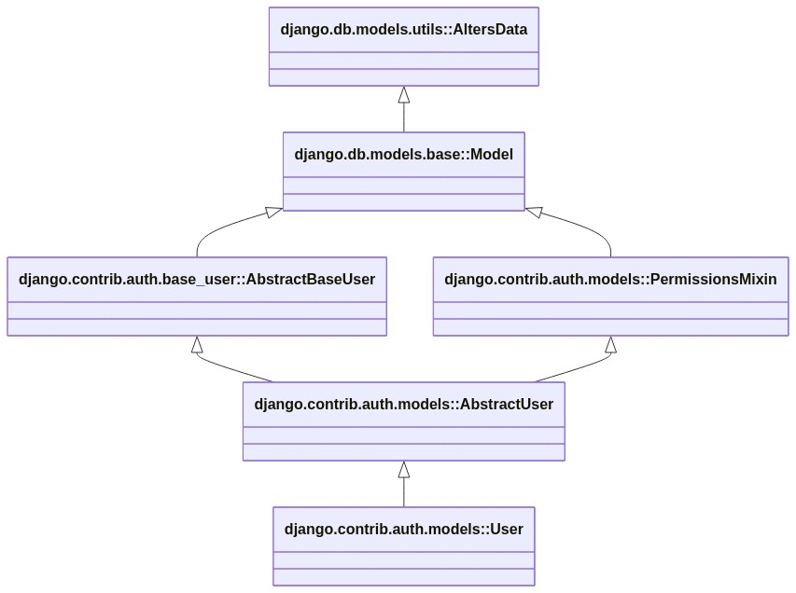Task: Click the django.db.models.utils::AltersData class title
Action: point(403,30)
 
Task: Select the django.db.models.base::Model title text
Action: point(403,154)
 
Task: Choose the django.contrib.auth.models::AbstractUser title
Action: point(403,405)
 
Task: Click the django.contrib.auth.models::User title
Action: point(403,529)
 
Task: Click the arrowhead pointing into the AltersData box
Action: point(403,94)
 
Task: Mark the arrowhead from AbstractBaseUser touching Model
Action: point(274,212)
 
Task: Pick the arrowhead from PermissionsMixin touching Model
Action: point(534,212)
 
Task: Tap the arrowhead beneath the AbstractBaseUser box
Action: point(197,344)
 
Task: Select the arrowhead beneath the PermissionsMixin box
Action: point(610,344)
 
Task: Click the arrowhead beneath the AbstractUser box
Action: point(403,470)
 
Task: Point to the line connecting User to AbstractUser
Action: point(403,492)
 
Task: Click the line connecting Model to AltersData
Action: point(403,117)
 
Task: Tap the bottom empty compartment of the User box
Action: point(403,577)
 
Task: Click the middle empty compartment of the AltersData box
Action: point(403,61)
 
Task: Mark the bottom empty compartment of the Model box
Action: point(403,202)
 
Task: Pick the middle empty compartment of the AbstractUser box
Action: point(403,435)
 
